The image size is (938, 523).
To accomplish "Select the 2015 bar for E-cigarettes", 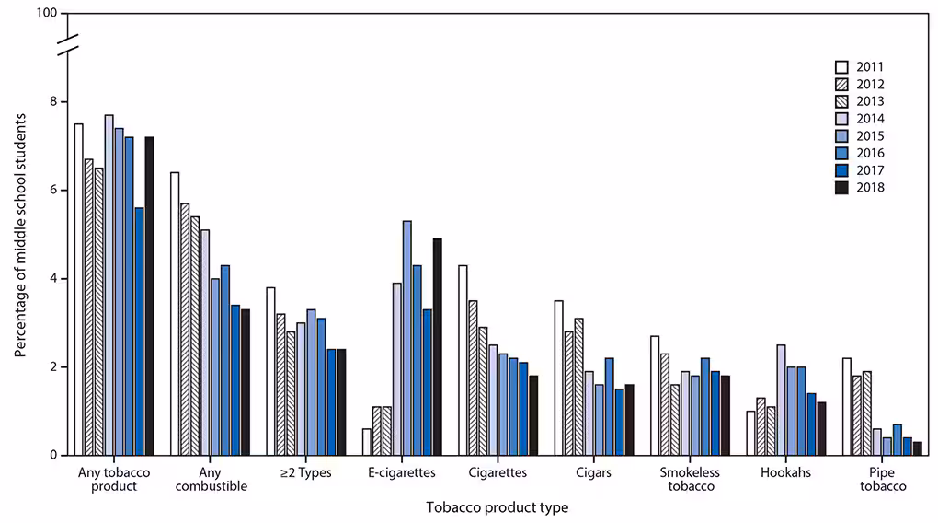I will [x=407, y=338].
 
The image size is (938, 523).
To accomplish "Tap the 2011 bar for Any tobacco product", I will [x=79, y=289].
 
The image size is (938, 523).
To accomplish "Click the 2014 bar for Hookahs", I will [x=781, y=400].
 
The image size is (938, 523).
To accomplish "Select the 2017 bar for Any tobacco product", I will [x=139, y=331].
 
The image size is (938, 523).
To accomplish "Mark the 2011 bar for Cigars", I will [x=559, y=378].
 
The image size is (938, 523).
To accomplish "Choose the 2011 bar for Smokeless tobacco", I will [x=655, y=395].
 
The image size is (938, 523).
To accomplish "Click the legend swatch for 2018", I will [x=841, y=188].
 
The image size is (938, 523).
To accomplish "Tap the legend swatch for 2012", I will [x=841, y=84].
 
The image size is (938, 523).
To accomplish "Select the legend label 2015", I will [x=870, y=136].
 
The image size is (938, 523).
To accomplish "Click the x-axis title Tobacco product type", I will [x=497, y=507].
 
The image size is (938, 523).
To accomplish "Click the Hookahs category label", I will [x=785, y=472].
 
